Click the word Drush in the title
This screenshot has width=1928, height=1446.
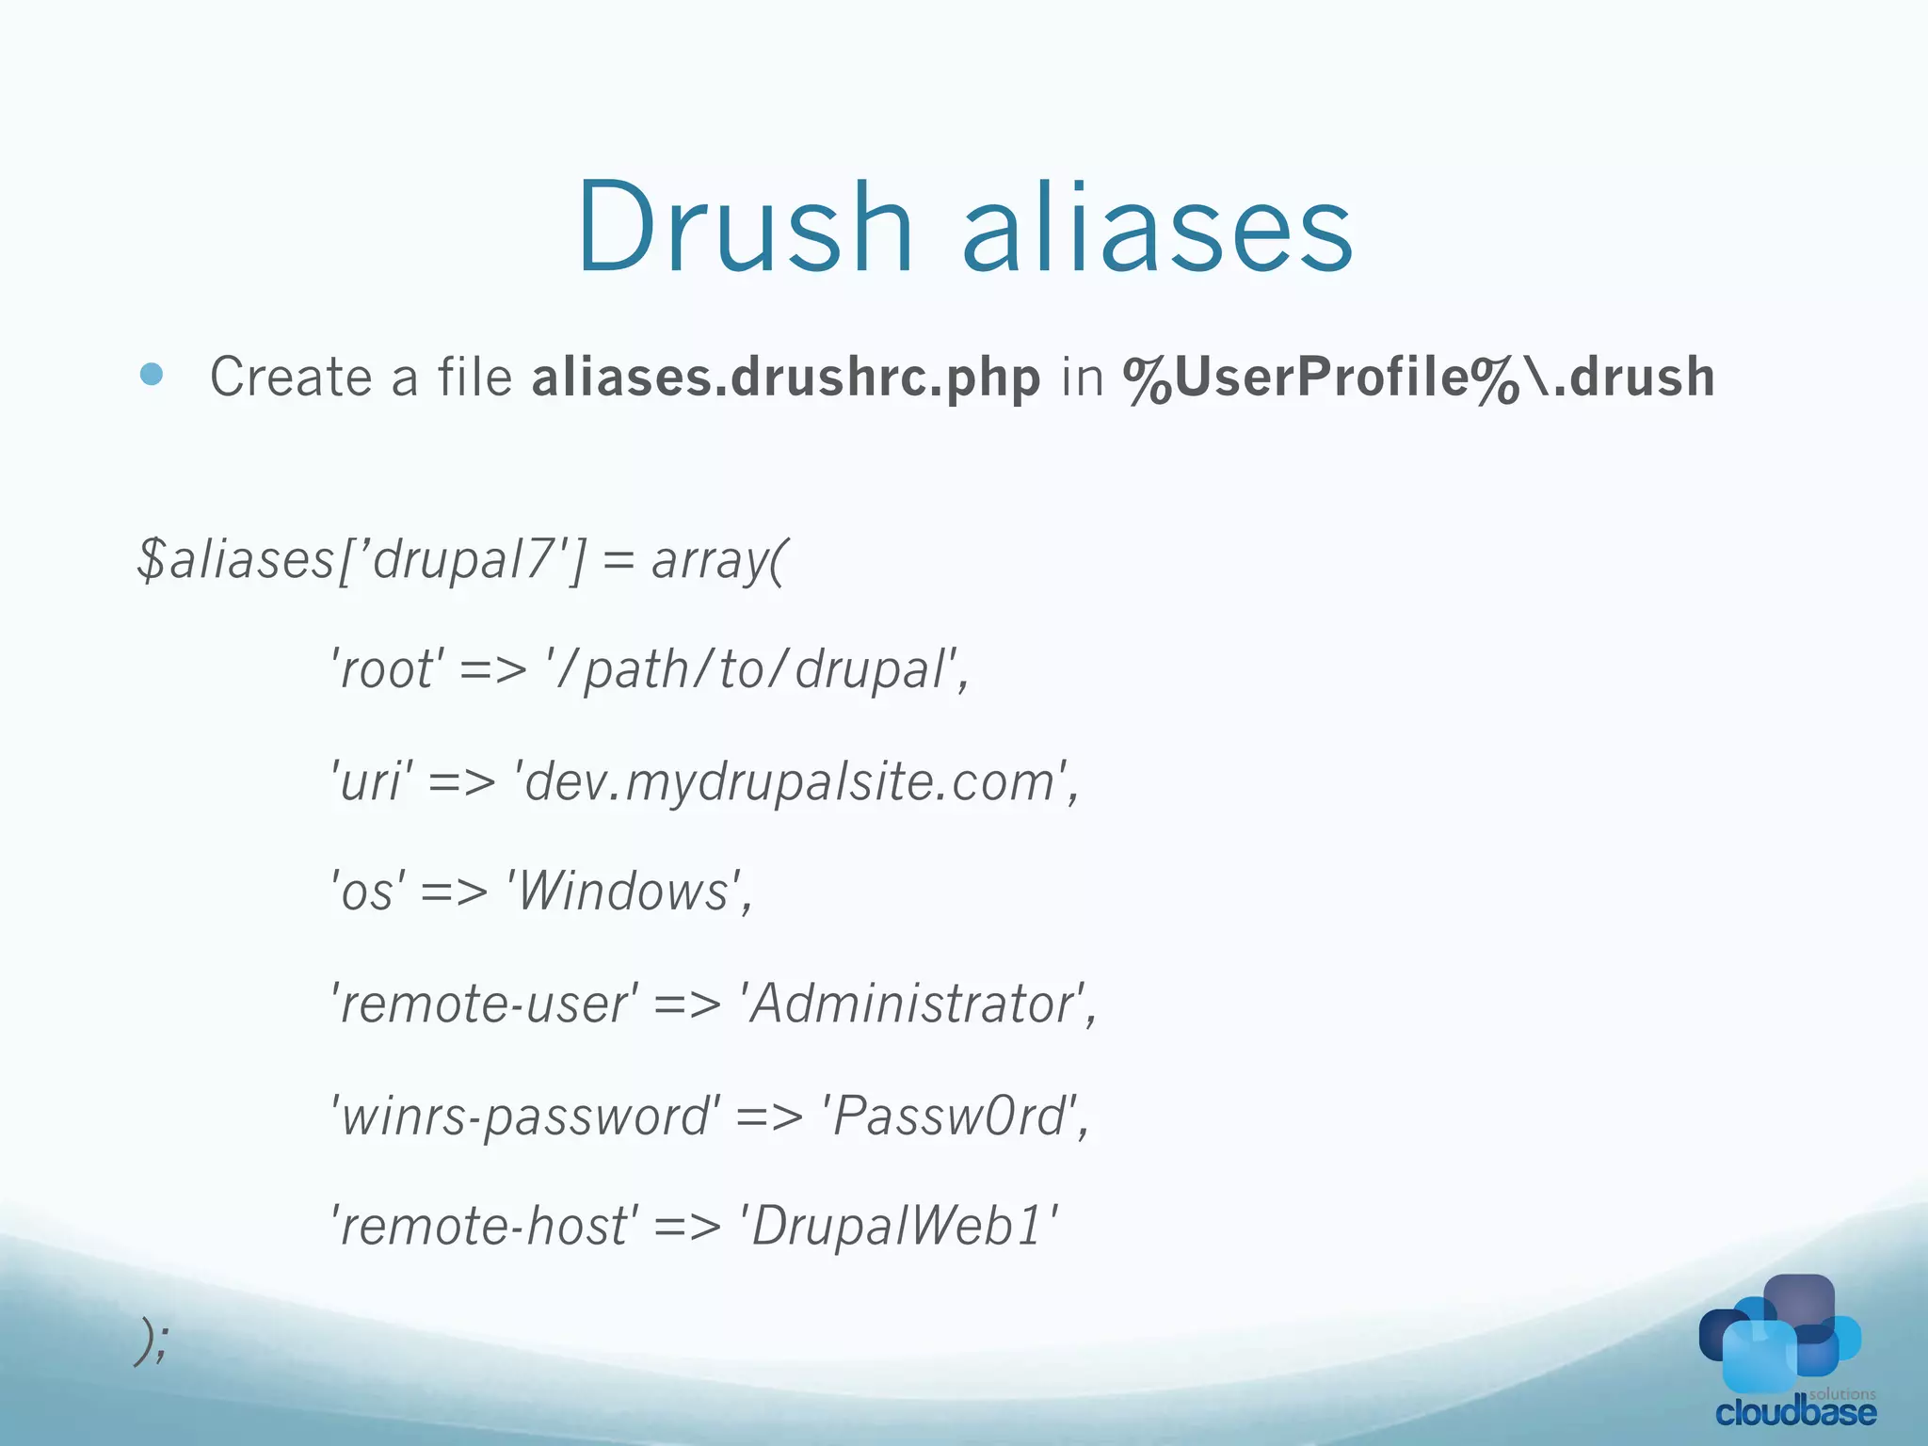tap(745, 228)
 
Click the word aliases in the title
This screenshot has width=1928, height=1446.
tap(1157, 228)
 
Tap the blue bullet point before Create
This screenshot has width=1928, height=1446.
tap(151, 376)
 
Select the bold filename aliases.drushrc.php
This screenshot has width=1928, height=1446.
tap(786, 378)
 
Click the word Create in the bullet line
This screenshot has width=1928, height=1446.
tap(290, 377)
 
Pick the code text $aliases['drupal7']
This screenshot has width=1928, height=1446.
tap(361, 560)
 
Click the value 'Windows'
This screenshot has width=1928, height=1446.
tap(626, 892)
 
